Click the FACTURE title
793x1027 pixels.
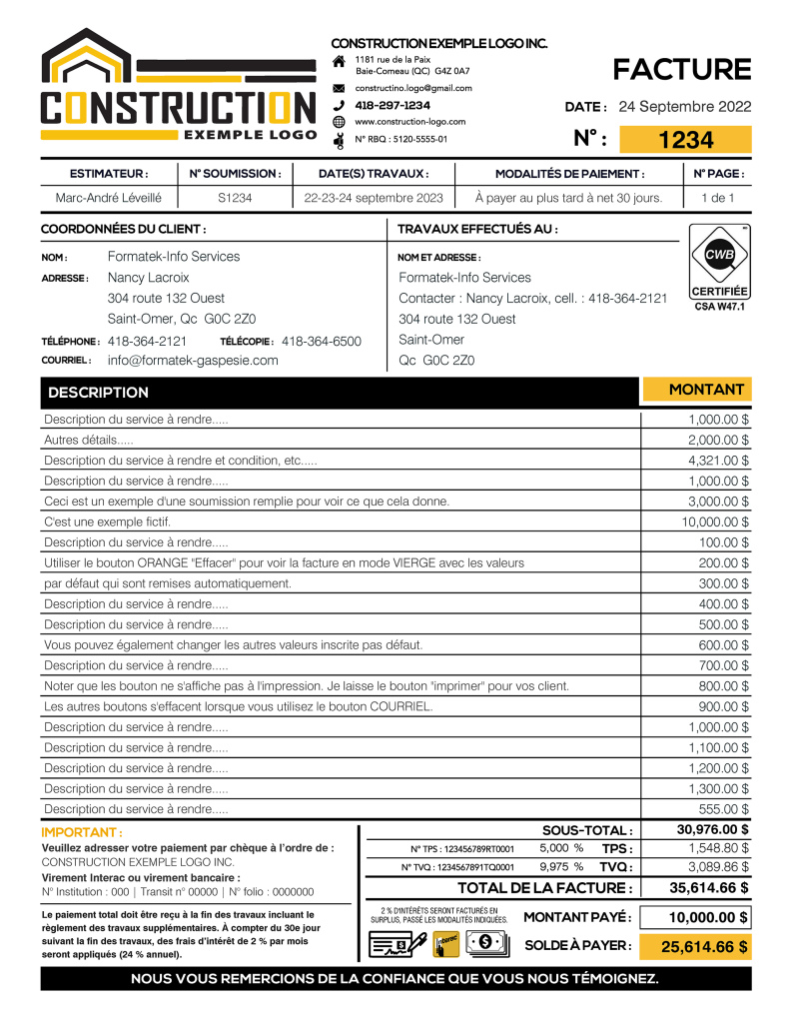pyautogui.click(x=681, y=69)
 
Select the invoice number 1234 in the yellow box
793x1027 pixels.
pyautogui.click(x=686, y=140)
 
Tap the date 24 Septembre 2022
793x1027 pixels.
pyautogui.click(x=685, y=107)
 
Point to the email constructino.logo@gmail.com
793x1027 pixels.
pyautogui.click(x=413, y=88)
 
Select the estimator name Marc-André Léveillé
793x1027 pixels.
pyautogui.click(x=109, y=198)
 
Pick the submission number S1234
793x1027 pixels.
pyautogui.click(x=235, y=198)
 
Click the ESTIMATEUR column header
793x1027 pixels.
pyautogui.click(x=109, y=173)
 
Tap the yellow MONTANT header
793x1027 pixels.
pyautogui.click(x=706, y=390)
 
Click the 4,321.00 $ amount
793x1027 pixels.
pyautogui.click(x=718, y=461)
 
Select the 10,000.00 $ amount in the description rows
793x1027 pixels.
pyautogui.click(x=715, y=521)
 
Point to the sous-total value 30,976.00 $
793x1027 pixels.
pyautogui.click(x=713, y=829)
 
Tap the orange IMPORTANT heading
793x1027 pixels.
pyautogui.click(x=82, y=832)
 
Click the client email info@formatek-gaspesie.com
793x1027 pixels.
pyautogui.click(x=193, y=361)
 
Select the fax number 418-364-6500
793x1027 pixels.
pyautogui.click(x=322, y=341)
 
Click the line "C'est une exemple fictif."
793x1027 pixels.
pyautogui.click(x=108, y=521)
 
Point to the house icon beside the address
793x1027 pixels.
pyautogui.click(x=339, y=63)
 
